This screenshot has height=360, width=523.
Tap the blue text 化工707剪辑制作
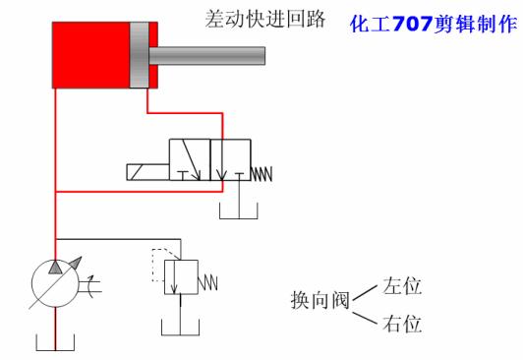pyautogui.click(x=434, y=22)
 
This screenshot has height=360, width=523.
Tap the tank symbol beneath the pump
pyautogui.click(x=57, y=343)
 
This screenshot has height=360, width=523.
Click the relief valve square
pyautogui.click(x=180, y=276)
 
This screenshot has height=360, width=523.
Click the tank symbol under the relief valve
pyautogui.click(x=180, y=330)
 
